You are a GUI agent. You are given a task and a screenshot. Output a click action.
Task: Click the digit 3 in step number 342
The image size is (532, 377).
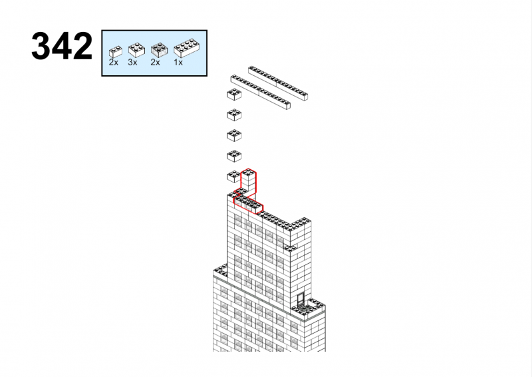[x=41, y=46]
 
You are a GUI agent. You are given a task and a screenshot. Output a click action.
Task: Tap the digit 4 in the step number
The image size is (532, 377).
[x=62, y=46]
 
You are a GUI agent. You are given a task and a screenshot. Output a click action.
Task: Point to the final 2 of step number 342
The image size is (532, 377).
[x=82, y=46]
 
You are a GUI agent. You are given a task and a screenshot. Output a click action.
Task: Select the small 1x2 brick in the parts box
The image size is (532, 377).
[x=115, y=52]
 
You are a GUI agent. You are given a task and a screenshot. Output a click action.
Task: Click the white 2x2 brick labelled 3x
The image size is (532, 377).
[x=136, y=50]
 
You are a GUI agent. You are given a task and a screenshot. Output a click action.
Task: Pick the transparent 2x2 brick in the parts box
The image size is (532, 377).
[x=159, y=50]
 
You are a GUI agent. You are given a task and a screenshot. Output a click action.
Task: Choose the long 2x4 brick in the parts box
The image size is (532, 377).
[x=186, y=47]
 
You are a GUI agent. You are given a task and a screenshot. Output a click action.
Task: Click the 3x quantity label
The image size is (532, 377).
[x=132, y=63]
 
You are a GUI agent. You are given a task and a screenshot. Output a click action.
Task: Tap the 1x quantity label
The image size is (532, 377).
[x=178, y=63]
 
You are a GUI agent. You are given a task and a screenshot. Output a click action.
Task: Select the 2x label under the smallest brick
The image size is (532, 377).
[x=114, y=63]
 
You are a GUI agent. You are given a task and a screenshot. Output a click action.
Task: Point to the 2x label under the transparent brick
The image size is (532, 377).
[x=156, y=63]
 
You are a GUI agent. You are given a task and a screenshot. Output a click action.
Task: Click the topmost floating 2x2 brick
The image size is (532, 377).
[x=234, y=95]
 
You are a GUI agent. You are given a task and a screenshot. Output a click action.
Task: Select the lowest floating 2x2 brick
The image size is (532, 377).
[x=233, y=177]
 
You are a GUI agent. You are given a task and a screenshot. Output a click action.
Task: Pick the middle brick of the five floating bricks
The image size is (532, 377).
[x=234, y=135]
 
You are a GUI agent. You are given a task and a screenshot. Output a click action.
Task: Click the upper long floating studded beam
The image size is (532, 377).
[x=278, y=83]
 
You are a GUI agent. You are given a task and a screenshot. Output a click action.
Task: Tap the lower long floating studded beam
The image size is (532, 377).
[x=261, y=92]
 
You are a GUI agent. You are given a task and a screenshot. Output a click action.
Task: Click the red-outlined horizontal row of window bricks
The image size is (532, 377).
[x=248, y=204]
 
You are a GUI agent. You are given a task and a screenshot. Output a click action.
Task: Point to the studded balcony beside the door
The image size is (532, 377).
[x=309, y=307]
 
